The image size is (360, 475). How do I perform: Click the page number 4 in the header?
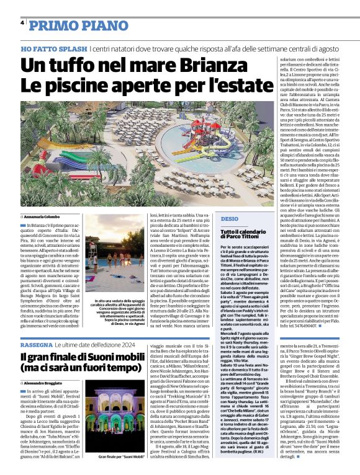coord(22,22)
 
